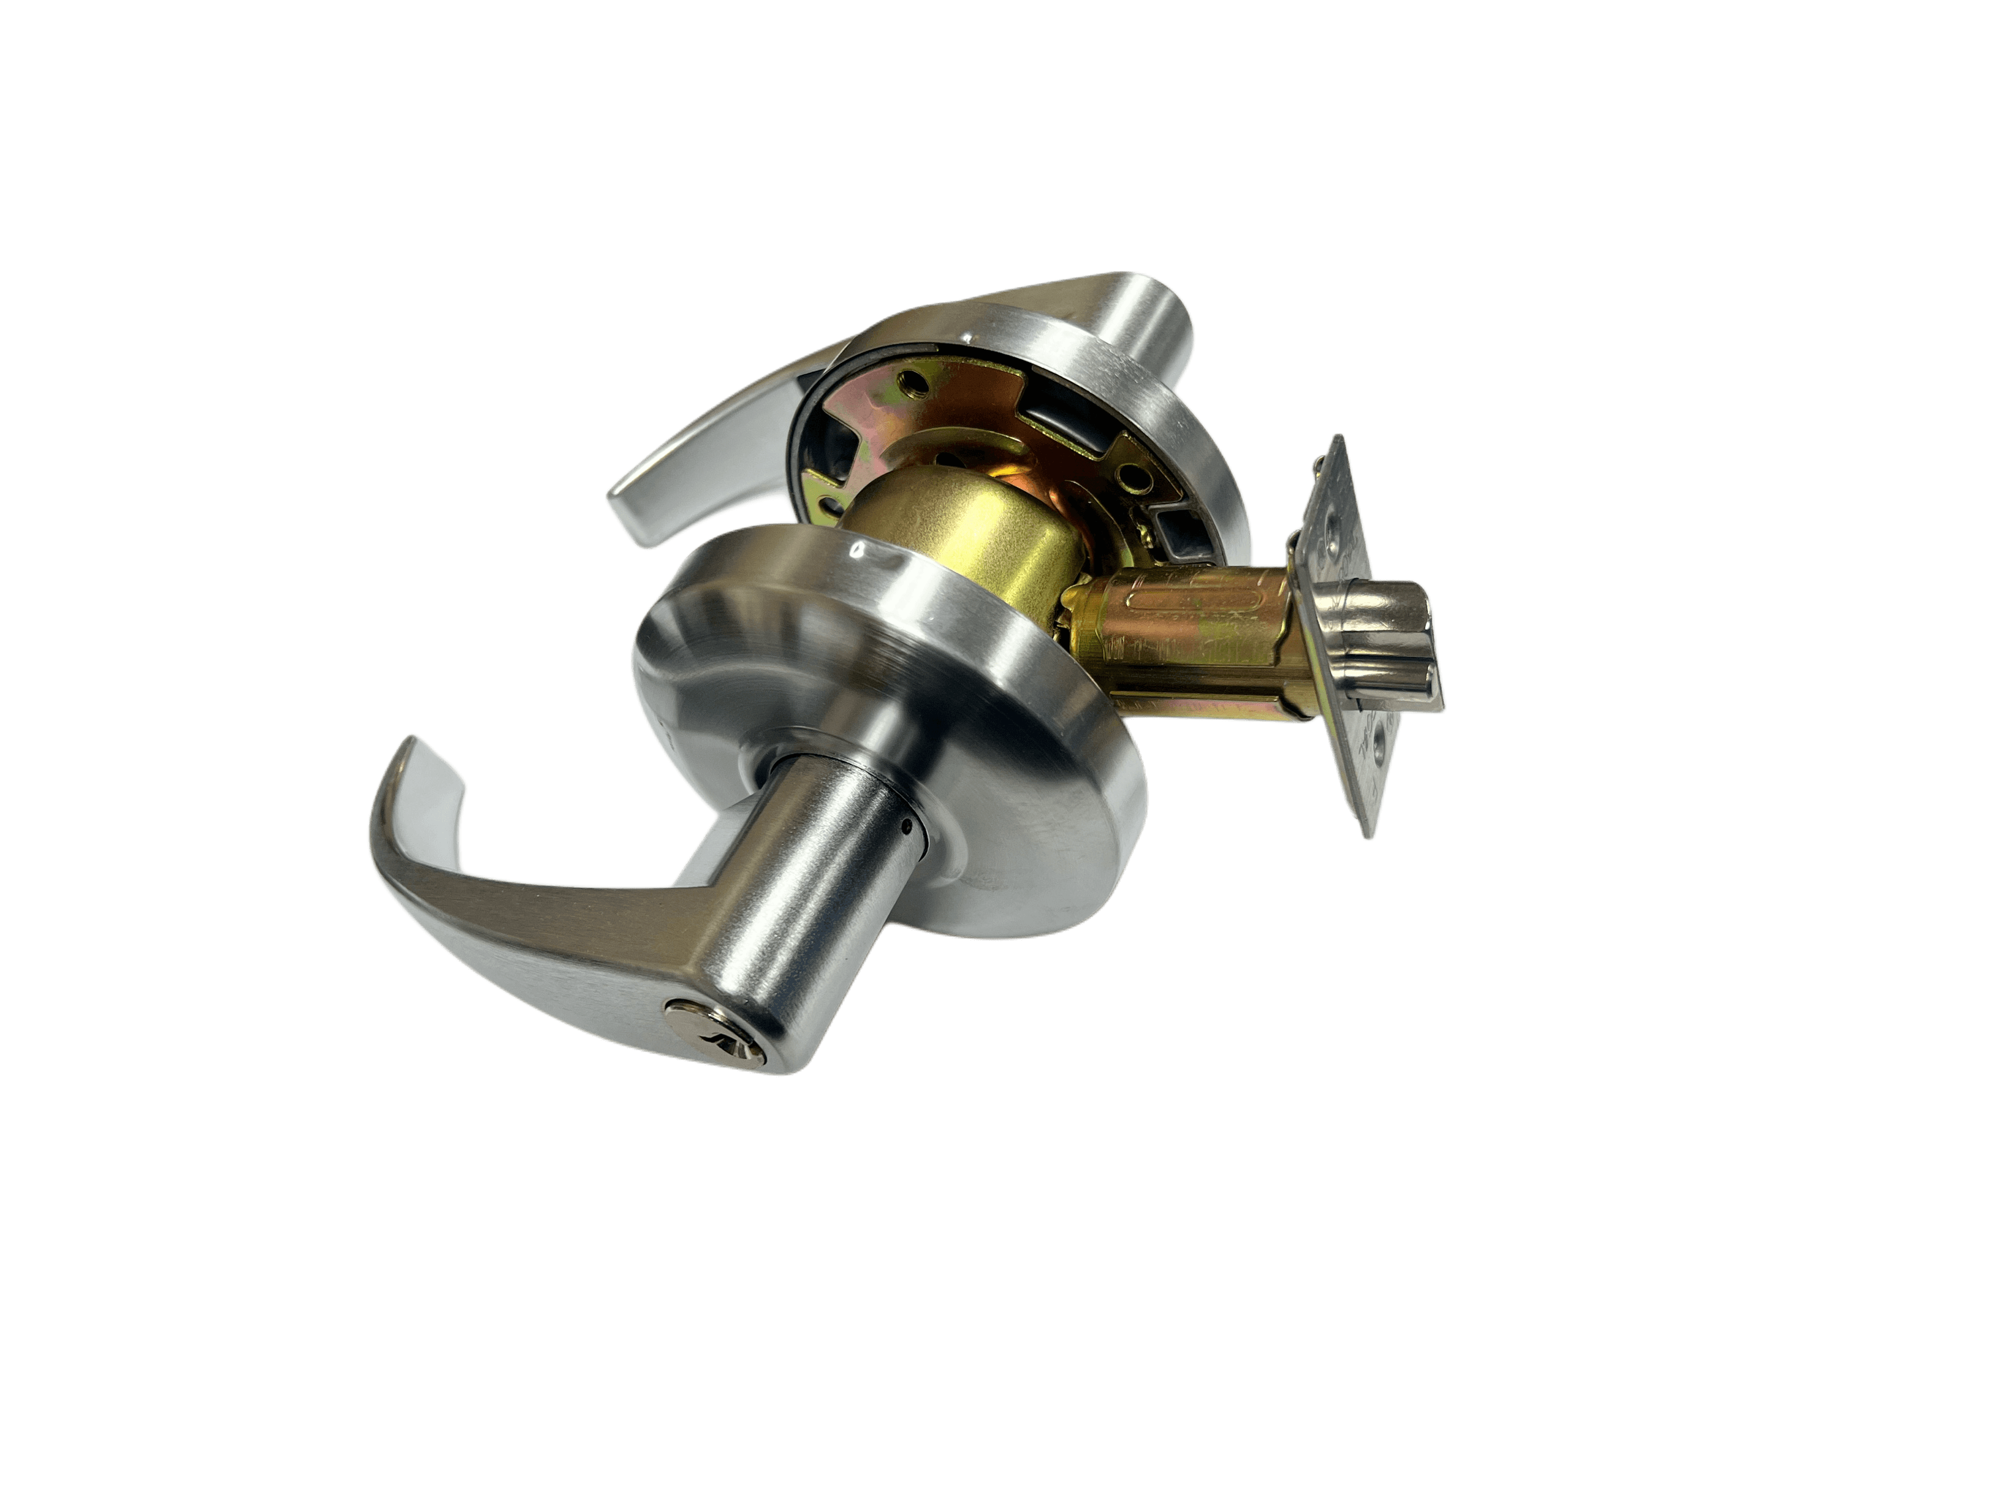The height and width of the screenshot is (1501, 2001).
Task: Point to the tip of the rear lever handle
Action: (624, 511)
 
